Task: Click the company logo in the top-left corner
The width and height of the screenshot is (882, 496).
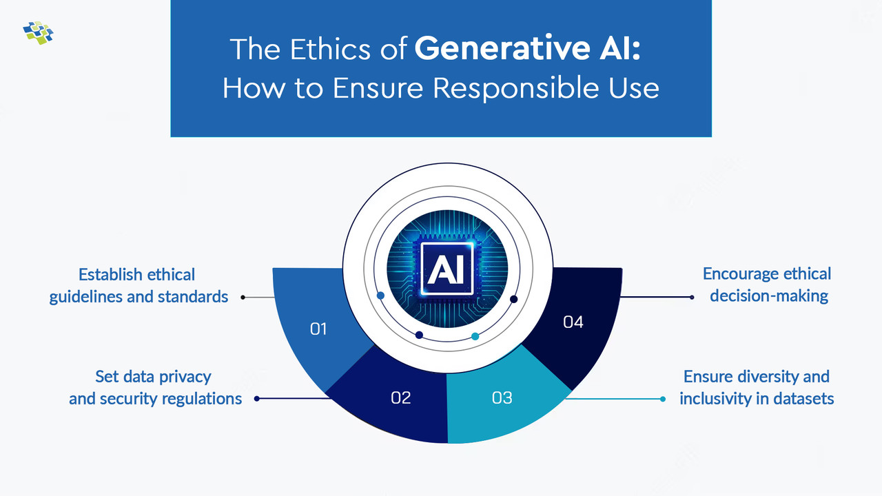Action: (x=38, y=32)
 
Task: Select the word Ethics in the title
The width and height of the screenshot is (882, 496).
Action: (x=338, y=49)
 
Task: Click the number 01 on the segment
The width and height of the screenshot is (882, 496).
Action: (x=318, y=329)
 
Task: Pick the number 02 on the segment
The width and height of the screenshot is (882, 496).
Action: (x=400, y=397)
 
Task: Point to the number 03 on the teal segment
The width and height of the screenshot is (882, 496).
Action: (x=502, y=397)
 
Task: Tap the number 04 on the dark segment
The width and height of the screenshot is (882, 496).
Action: (x=573, y=322)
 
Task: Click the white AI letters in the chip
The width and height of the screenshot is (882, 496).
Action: (x=447, y=269)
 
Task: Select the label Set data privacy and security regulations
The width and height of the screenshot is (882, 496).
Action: (x=155, y=388)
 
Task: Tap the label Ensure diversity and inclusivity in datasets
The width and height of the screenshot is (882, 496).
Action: (x=757, y=388)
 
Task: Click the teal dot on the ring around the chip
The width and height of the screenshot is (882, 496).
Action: (x=475, y=336)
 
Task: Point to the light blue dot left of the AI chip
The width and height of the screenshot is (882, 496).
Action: (x=380, y=296)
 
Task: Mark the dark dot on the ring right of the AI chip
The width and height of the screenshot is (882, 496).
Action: (x=513, y=299)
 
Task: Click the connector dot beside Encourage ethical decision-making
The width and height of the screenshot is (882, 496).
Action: (x=692, y=298)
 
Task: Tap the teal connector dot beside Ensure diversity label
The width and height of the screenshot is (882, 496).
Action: (x=663, y=399)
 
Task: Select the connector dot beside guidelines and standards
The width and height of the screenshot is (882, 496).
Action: (x=243, y=298)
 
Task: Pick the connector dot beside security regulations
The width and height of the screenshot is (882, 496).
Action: (x=257, y=399)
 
